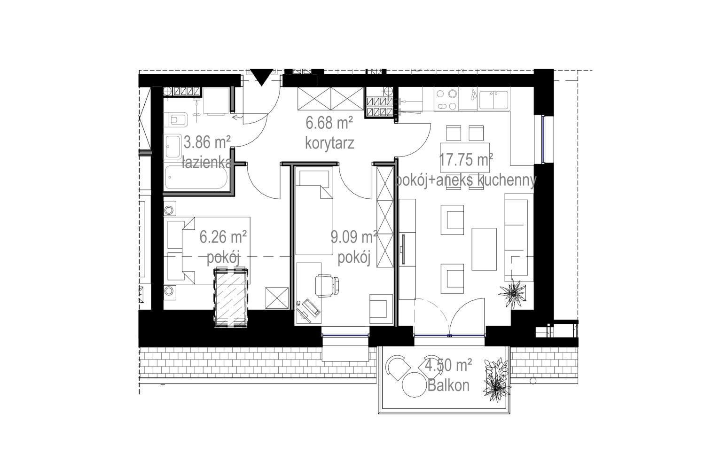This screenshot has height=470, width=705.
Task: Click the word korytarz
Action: [329, 143]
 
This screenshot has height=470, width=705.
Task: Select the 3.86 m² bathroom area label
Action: [207, 142]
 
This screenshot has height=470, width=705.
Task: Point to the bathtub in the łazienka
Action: [196, 177]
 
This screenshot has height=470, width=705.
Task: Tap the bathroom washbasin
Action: [172, 147]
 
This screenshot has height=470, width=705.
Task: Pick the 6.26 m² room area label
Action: [223, 237]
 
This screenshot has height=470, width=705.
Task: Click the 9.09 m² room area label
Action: [354, 237]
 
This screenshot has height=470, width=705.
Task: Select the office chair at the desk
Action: [327, 285]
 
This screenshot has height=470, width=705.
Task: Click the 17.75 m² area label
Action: [466, 160]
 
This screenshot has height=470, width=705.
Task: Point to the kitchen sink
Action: [493, 100]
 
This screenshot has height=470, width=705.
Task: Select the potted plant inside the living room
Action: [512, 293]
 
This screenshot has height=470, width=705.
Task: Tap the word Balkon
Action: [448, 385]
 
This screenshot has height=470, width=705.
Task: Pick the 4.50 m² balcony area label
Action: [448, 365]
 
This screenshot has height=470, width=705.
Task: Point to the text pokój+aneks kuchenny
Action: [466, 180]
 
